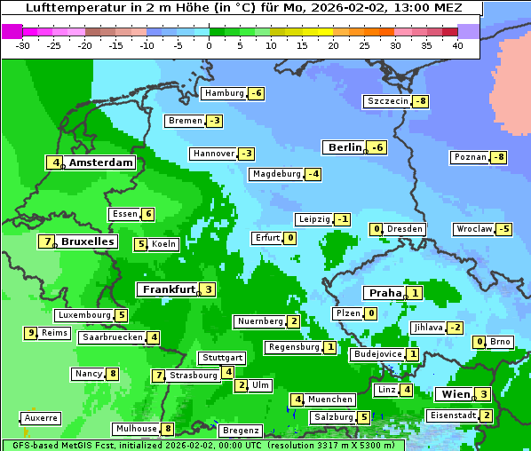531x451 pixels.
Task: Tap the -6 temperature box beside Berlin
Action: (377, 147)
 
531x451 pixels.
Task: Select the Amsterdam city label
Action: (100, 162)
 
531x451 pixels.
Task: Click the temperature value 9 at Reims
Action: (31, 333)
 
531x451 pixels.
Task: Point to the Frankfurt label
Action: (168, 289)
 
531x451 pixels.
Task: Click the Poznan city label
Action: (470, 157)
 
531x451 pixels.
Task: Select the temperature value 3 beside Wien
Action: (482, 394)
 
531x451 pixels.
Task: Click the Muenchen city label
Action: (330, 400)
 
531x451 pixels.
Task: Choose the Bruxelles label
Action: (87, 241)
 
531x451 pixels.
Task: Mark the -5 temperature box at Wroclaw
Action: (503, 229)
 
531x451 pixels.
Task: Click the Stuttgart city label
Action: (221, 358)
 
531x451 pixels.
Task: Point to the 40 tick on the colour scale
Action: (457, 44)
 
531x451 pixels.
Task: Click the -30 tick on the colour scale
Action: (23, 44)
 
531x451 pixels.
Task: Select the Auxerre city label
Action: (41, 417)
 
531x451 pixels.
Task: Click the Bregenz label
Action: (240, 431)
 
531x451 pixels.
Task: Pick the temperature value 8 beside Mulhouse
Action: (168, 429)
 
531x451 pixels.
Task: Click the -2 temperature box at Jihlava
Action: (455, 328)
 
